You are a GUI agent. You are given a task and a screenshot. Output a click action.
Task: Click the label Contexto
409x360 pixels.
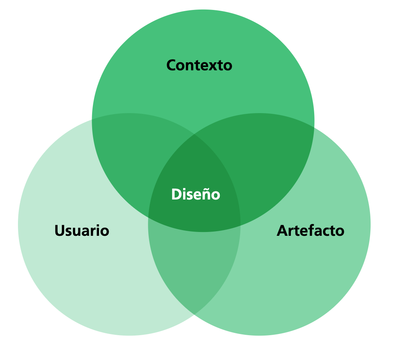pyautogui.click(x=199, y=65)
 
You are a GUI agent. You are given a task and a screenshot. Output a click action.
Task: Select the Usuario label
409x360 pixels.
pyautogui.click(x=82, y=231)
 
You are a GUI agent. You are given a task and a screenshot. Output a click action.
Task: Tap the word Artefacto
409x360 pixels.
pyautogui.click(x=310, y=231)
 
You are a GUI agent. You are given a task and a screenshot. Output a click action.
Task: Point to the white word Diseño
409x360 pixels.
pyautogui.click(x=196, y=195)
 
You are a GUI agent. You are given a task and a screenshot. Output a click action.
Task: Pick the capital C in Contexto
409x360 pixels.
pyautogui.click(x=171, y=65)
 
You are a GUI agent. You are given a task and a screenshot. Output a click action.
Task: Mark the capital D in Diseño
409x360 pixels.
pyautogui.click(x=176, y=195)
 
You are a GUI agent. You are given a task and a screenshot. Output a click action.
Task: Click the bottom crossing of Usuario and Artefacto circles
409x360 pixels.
pyautogui.click(x=194, y=314)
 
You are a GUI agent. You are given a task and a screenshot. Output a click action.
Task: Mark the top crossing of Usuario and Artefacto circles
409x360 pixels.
pyautogui.click(x=194, y=135)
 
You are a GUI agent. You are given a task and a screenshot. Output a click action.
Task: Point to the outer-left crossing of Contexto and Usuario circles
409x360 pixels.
pyautogui.click(x=92, y=120)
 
